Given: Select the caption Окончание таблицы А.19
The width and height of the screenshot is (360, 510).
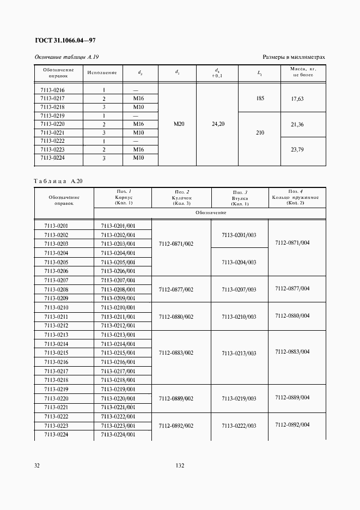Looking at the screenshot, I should [x=66, y=57].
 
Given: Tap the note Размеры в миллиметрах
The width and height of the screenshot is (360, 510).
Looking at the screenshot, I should [x=294, y=57].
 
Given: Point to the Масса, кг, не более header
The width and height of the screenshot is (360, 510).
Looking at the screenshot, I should [x=303, y=72].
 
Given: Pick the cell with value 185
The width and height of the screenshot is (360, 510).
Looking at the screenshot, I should [x=260, y=99].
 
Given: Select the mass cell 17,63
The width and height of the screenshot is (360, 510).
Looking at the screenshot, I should [x=297, y=99].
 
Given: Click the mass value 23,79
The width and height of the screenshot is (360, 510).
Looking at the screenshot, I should [x=297, y=150].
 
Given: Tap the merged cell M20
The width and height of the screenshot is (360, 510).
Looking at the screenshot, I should [x=179, y=124].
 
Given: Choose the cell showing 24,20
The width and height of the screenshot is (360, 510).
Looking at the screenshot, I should [x=217, y=124].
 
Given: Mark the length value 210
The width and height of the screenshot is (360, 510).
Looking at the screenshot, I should [x=260, y=132].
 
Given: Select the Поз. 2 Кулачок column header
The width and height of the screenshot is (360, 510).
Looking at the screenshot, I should [x=182, y=197].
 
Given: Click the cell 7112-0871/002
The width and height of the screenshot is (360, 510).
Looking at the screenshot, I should [x=176, y=244].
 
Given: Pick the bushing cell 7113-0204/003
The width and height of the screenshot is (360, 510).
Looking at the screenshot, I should [x=239, y=262].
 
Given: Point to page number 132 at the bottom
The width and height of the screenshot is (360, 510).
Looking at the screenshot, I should [x=180, y=466].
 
